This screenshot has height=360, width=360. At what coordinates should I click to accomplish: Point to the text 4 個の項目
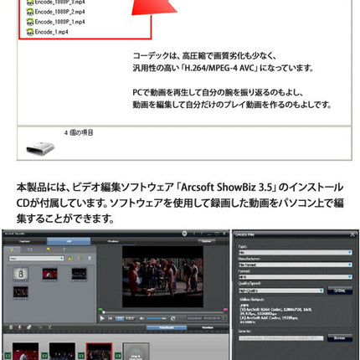coord(80,132)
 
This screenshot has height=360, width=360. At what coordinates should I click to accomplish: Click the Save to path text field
coord(280,337)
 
